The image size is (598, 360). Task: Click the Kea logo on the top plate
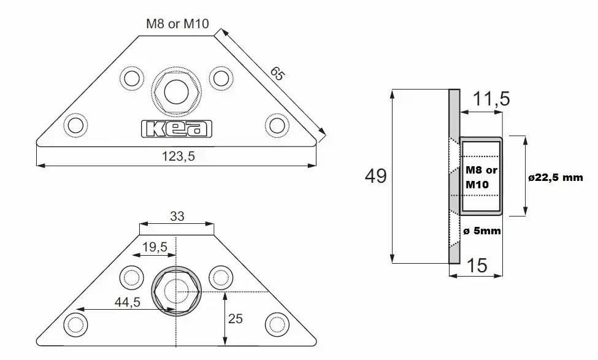click(177, 129)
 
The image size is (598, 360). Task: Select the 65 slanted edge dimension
click(277, 74)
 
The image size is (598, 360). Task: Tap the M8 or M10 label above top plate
click(177, 25)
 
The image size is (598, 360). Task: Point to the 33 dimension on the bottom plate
click(177, 216)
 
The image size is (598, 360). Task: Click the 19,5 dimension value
click(155, 247)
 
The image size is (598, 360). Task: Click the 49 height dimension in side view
click(375, 177)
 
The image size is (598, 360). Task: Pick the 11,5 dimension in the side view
click(490, 99)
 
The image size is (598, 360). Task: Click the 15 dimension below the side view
click(477, 266)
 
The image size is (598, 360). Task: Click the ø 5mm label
click(483, 231)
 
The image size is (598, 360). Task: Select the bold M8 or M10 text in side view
click(481, 177)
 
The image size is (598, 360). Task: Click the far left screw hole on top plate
click(75, 125)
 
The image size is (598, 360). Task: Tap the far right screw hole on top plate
click(278, 125)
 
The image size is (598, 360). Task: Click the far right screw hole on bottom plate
click(277, 323)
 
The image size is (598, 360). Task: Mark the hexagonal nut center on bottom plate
click(177, 291)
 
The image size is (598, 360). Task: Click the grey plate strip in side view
click(454, 177)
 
